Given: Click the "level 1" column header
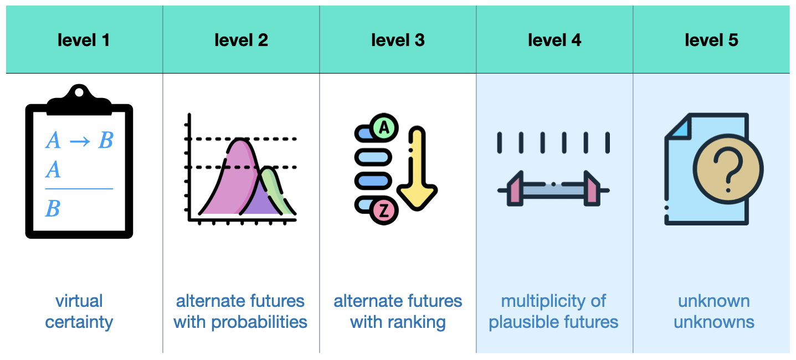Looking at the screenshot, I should point(84,40).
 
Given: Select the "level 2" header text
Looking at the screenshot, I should point(241,40).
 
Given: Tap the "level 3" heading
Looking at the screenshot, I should point(398,40).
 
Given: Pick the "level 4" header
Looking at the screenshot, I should point(554,40).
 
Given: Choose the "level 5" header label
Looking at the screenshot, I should point(711,40).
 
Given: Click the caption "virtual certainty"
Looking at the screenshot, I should point(79,311).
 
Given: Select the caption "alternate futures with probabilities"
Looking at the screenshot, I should point(240,311).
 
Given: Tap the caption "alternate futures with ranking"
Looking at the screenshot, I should point(398,311).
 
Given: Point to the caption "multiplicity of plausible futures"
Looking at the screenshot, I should point(553,311).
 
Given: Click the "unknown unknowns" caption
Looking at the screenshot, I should point(714,311).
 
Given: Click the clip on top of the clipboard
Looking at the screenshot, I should point(79,100).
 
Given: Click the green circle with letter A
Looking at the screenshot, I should point(384,128).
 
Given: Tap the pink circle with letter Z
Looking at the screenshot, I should point(384,210).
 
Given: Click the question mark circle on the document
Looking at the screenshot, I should point(728,169).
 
